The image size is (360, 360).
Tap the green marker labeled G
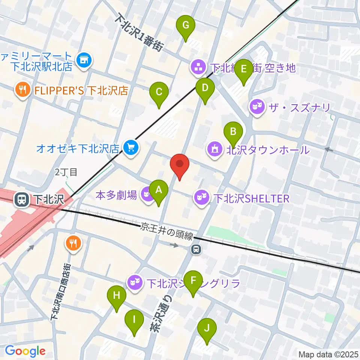click(186, 26)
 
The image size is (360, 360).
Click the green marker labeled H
click(117, 296)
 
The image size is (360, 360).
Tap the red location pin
click(180, 164)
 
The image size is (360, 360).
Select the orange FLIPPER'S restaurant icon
click(22, 90)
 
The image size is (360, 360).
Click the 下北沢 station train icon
click(22, 199)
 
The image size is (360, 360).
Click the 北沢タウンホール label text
click(268, 150)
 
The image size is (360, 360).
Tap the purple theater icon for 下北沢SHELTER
click(201, 196)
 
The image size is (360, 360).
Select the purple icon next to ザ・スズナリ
click(256, 108)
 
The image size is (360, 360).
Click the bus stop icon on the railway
click(195, 249)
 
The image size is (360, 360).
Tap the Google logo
click(25, 351)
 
